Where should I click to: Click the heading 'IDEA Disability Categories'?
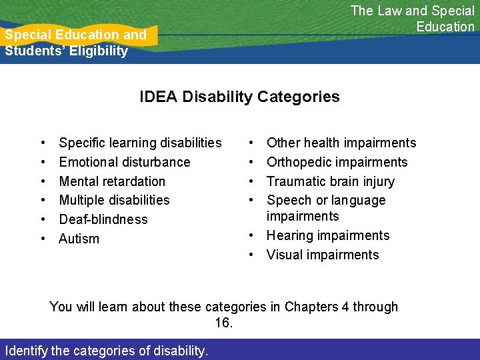[x=239, y=97]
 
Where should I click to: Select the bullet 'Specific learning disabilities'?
[x=140, y=143]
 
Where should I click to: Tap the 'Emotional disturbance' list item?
[x=125, y=162]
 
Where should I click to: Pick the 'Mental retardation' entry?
[x=112, y=181]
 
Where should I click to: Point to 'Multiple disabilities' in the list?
[x=114, y=200]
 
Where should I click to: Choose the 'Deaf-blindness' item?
[x=103, y=219]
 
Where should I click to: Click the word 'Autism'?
[x=79, y=239]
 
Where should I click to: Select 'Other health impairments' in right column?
[x=341, y=143]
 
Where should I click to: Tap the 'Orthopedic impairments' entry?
[x=337, y=162]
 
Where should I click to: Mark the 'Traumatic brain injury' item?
[x=330, y=181]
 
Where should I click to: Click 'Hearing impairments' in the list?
[x=328, y=235]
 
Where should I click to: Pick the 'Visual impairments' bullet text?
[x=323, y=255]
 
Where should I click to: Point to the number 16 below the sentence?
[x=223, y=323]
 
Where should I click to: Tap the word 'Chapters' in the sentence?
[x=311, y=307]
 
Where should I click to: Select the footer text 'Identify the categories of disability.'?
[x=106, y=350]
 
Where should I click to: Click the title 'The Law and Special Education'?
[x=412, y=19]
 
